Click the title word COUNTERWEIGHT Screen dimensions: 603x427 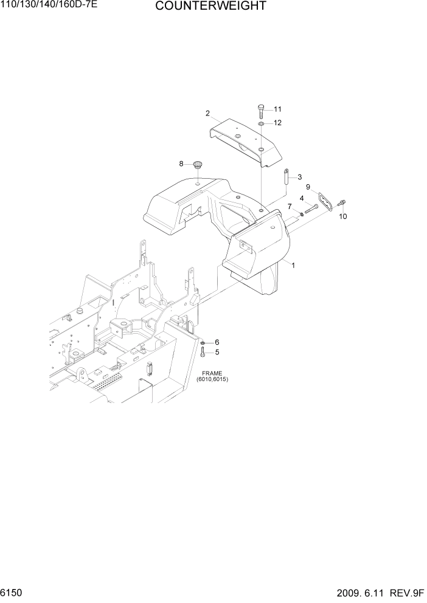(210, 7)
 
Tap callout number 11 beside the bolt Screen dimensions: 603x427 (277, 109)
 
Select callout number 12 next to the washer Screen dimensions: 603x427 (277, 123)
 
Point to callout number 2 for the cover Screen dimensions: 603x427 (207, 113)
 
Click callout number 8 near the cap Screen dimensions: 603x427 (181, 164)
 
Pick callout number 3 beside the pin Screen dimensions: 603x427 (299, 177)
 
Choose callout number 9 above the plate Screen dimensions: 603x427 (308, 187)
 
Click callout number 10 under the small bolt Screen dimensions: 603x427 (342, 216)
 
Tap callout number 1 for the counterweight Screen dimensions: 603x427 (294, 266)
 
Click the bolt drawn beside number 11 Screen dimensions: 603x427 (260, 112)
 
